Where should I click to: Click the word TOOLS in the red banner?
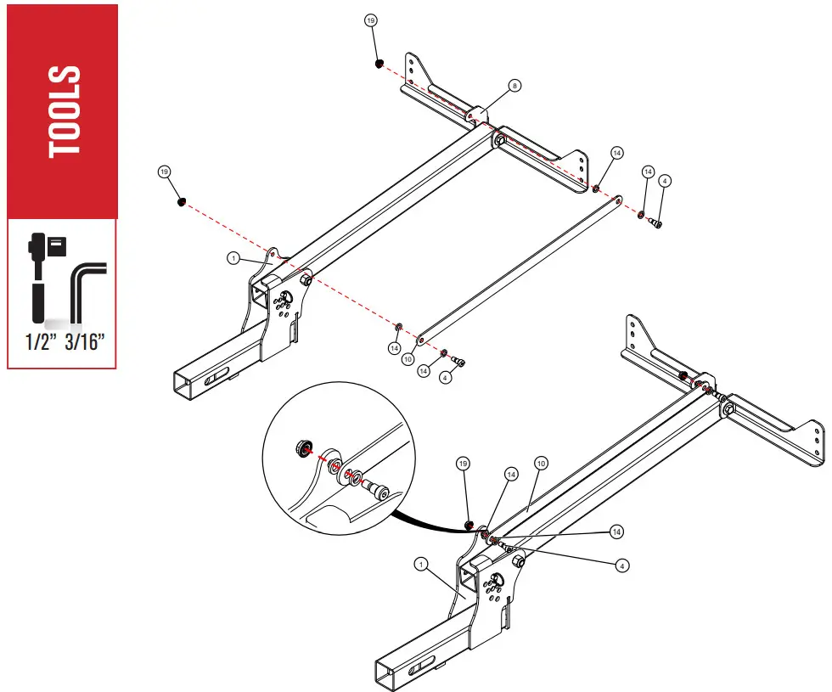[65, 111]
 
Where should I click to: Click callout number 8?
[514, 86]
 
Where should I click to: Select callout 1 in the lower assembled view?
[419, 563]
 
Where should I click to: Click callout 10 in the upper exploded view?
[408, 359]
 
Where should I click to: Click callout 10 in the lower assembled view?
[540, 464]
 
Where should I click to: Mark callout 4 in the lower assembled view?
[622, 564]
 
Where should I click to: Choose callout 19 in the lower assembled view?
[463, 464]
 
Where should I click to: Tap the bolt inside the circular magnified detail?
[374, 489]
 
